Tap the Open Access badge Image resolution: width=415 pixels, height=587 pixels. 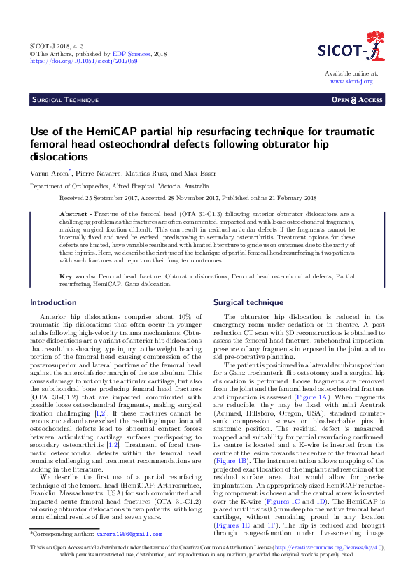[357, 100]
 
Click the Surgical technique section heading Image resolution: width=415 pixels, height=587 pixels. [248, 302]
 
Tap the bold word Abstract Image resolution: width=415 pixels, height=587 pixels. [74, 212]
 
